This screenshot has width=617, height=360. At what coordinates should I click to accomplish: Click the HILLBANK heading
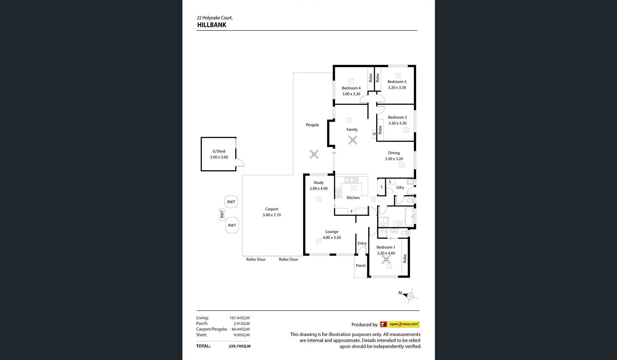click(211, 25)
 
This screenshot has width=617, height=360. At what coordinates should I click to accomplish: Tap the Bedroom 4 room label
click(351, 88)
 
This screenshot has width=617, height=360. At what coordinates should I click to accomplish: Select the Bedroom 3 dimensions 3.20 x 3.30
click(397, 88)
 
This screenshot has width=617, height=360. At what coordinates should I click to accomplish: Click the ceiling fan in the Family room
click(353, 140)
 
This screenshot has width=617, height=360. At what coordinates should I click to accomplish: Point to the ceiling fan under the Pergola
click(314, 154)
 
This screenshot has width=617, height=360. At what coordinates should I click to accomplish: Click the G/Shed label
click(219, 151)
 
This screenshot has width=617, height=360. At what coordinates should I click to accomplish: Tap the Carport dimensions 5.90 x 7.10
click(271, 215)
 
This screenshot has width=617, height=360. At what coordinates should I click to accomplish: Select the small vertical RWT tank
click(222, 214)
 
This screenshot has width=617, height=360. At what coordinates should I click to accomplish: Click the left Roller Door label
click(256, 259)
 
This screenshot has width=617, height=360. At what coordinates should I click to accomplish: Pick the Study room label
click(319, 183)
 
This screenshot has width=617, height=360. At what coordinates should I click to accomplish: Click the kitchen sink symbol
click(351, 180)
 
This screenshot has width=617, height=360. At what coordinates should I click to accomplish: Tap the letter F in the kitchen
click(352, 211)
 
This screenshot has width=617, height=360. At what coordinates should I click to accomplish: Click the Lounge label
click(332, 232)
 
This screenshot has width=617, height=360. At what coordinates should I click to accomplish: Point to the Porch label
click(361, 266)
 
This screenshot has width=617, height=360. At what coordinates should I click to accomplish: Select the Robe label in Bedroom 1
click(405, 258)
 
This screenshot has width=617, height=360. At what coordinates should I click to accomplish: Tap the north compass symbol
click(410, 296)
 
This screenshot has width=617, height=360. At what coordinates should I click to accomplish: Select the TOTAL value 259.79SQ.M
click(239, 346)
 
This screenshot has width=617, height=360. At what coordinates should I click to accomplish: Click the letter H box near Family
click(374, 134)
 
